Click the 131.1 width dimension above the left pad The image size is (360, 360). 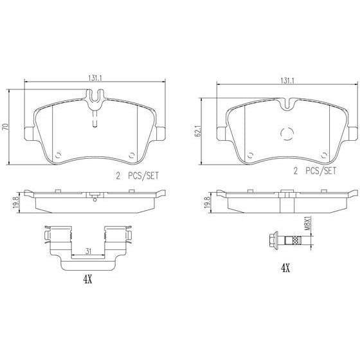pyautogui.click(x=94, y=78)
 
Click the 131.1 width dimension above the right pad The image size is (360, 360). pyautogui.click(x=287, y=80)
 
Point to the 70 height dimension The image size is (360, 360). pyautogui.click(x=6, y=127)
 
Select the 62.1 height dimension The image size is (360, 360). pyautogui.click(x=199, y=131)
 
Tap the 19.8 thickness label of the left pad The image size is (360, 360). pyautogui.click(x=16, y=203)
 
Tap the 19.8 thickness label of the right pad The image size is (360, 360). pyautogui.click(x=207, y=203)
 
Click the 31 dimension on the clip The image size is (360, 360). pyautogui.click(x=88, y=251)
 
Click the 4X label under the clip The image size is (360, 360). pyautogui.click(x=87, y=280)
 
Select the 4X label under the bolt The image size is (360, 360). pyautogui.click(x=285, y=268)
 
